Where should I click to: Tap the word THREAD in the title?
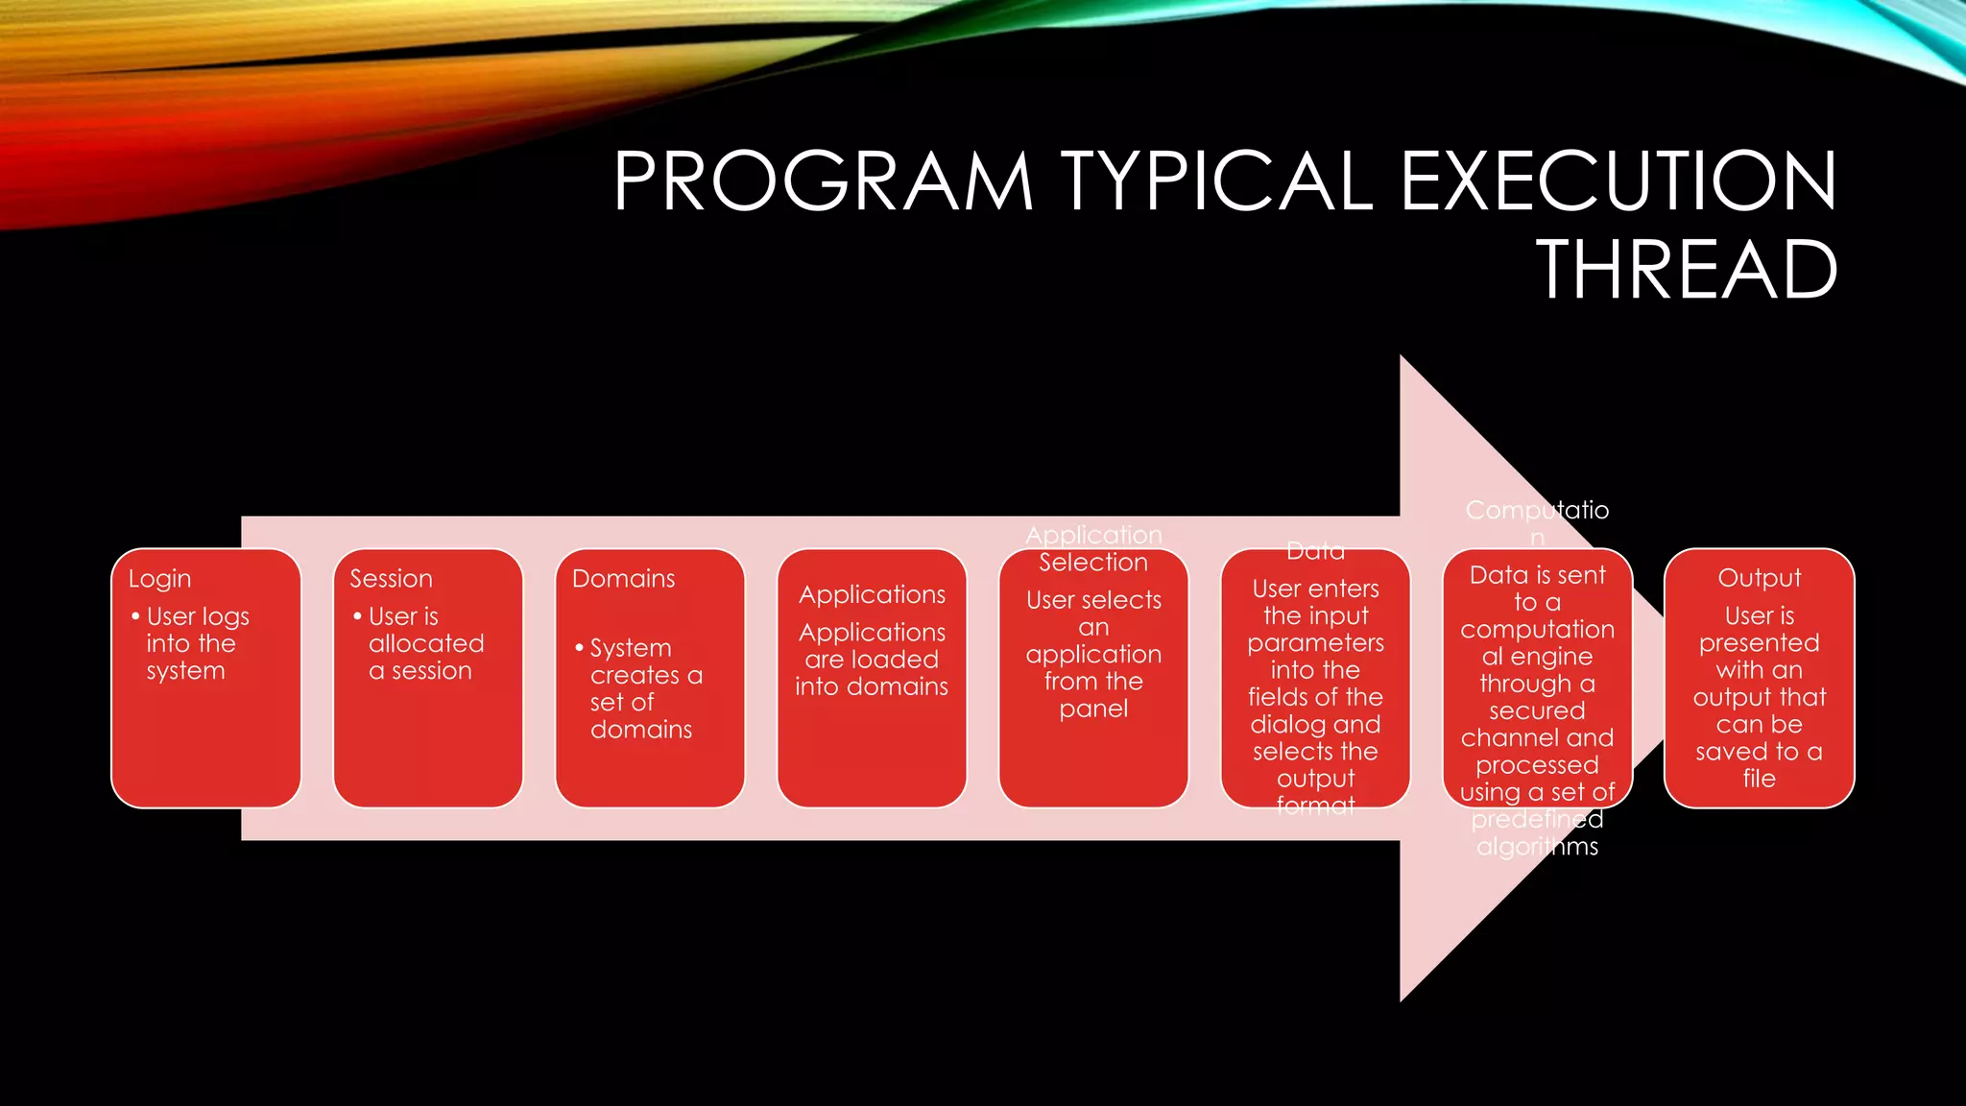point(1687,270)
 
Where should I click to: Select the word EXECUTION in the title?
point(1618,180)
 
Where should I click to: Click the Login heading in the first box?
point(159,579)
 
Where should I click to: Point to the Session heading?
point(391,579)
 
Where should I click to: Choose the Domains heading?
point(623,579)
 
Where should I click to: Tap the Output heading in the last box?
point(1759,578)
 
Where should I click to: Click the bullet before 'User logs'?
point(135,615)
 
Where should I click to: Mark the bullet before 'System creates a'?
point(579,648)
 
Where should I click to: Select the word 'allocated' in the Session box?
point(426,643)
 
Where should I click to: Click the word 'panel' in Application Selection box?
point(1093,709)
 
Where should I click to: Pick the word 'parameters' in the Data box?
point(1315,643)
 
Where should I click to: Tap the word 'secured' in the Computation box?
point(1537,710)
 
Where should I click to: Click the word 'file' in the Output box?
point(1759,779)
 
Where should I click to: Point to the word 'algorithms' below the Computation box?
point(1537,847)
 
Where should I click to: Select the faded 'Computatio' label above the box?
point(1537,510)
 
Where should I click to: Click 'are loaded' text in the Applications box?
point(871,660)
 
